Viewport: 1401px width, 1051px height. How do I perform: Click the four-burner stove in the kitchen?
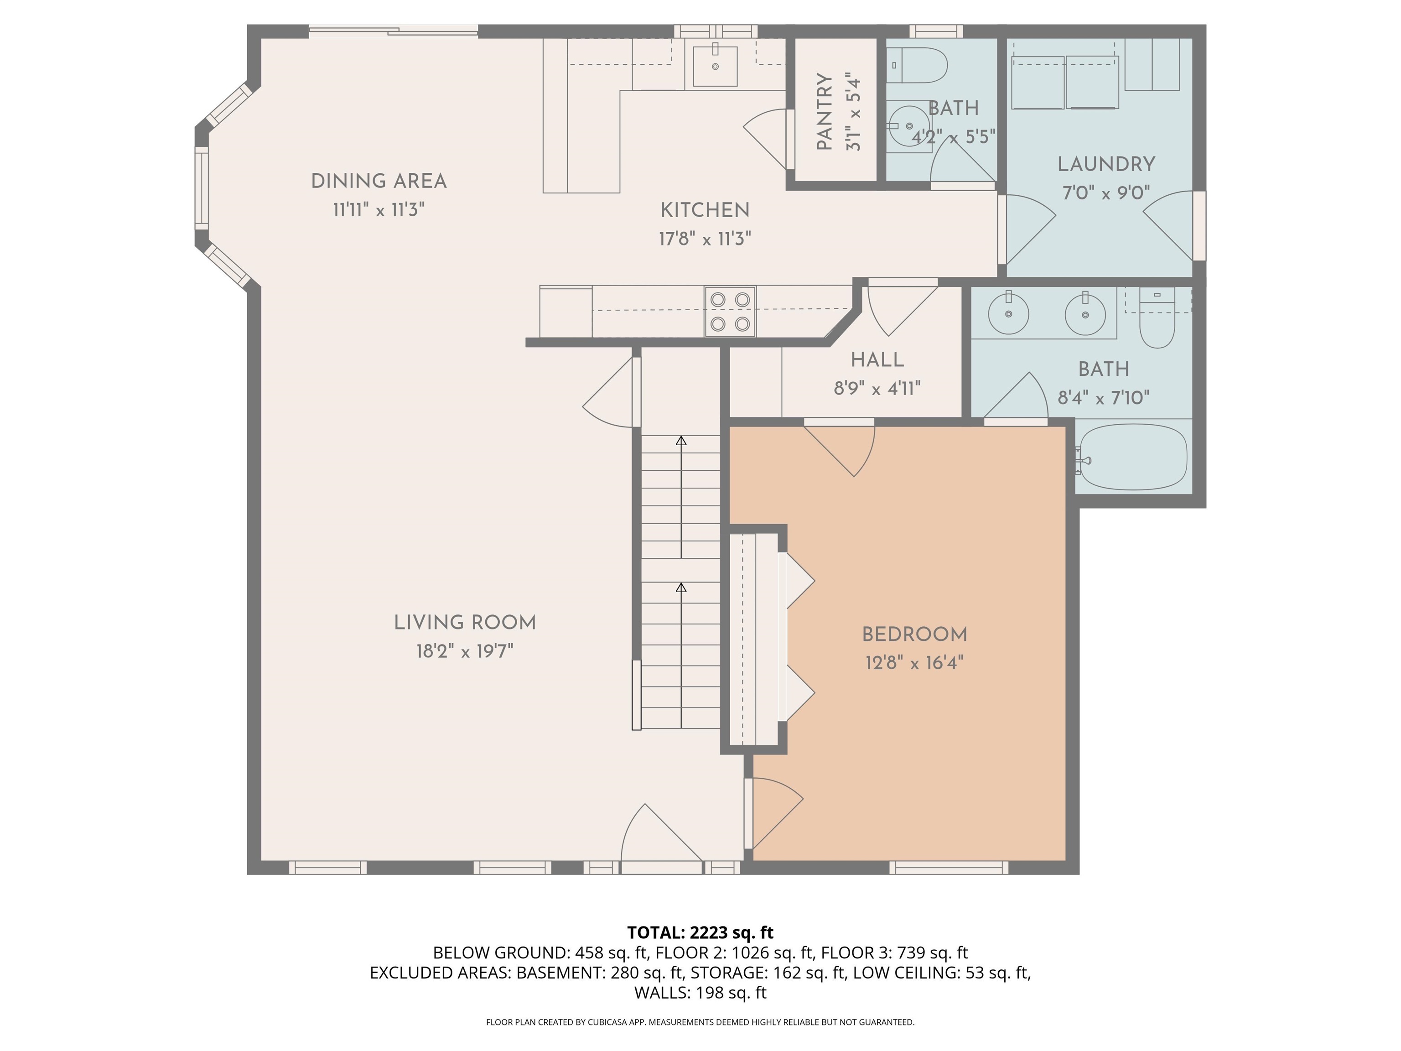tap(730, 311)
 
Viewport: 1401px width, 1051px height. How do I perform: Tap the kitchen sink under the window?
tap(715, 66)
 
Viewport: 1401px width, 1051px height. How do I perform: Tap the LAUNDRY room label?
tap(1106, 165)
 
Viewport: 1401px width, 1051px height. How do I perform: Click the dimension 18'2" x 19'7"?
tap(464, 651)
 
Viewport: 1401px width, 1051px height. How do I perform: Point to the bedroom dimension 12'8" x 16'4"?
tap(914, 663)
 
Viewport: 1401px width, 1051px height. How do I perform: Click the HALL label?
tap(877, 360)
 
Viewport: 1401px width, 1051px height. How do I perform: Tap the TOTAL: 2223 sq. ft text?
tap(700, 932)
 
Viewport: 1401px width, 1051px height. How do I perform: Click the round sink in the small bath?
tap(909, 126)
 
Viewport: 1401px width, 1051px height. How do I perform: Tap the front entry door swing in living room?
tap(659, 836)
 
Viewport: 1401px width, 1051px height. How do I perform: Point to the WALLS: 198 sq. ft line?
tap(700, 993)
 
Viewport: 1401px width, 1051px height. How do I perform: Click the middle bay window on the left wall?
tap(202, 188)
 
